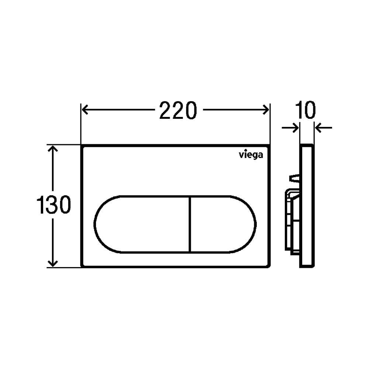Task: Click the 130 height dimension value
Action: pos(54,205)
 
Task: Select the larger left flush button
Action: pos(142,224)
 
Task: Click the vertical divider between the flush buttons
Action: pos(190,224)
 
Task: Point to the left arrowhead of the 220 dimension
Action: pos(85,110)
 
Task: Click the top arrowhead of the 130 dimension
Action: pos(54,149)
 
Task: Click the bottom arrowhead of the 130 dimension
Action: pos(54,263)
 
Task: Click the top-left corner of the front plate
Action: pos(82,146)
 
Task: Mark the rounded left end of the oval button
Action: pos(97,224)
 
